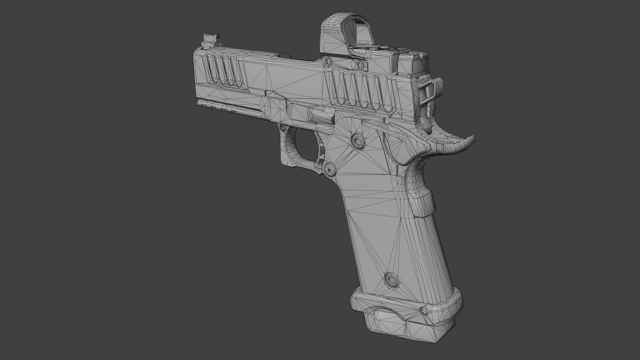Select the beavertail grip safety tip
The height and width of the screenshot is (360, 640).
[465, 141]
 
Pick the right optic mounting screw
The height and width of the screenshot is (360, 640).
[359, 64]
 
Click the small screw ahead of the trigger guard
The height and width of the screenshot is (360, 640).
[284, 128]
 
